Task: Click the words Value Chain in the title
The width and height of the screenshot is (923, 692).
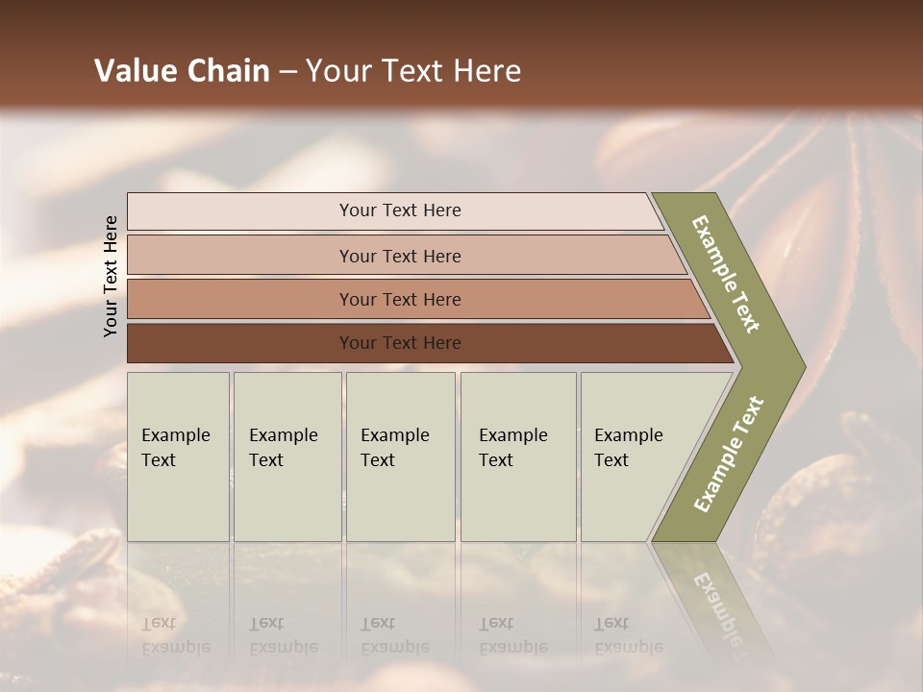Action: coord(182,71)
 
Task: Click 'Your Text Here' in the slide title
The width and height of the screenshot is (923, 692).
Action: coord(413,71)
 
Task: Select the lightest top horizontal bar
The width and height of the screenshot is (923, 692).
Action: coord(240,211)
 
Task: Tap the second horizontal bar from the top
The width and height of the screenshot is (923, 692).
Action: coord(240,256)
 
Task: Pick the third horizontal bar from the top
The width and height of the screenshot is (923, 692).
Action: coord(240,299)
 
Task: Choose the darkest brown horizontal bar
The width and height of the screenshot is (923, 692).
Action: coord(240,343)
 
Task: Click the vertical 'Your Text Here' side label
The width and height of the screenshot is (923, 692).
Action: coord(111,276)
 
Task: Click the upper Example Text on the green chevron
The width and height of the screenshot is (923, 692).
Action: coord(726,274)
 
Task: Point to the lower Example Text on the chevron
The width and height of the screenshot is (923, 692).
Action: coord(729,455)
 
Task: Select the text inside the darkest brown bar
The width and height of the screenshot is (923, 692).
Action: coord(400,343)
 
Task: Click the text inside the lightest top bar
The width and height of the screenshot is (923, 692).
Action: coord(400,210)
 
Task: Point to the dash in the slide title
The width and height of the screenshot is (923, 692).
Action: coord(287,72)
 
